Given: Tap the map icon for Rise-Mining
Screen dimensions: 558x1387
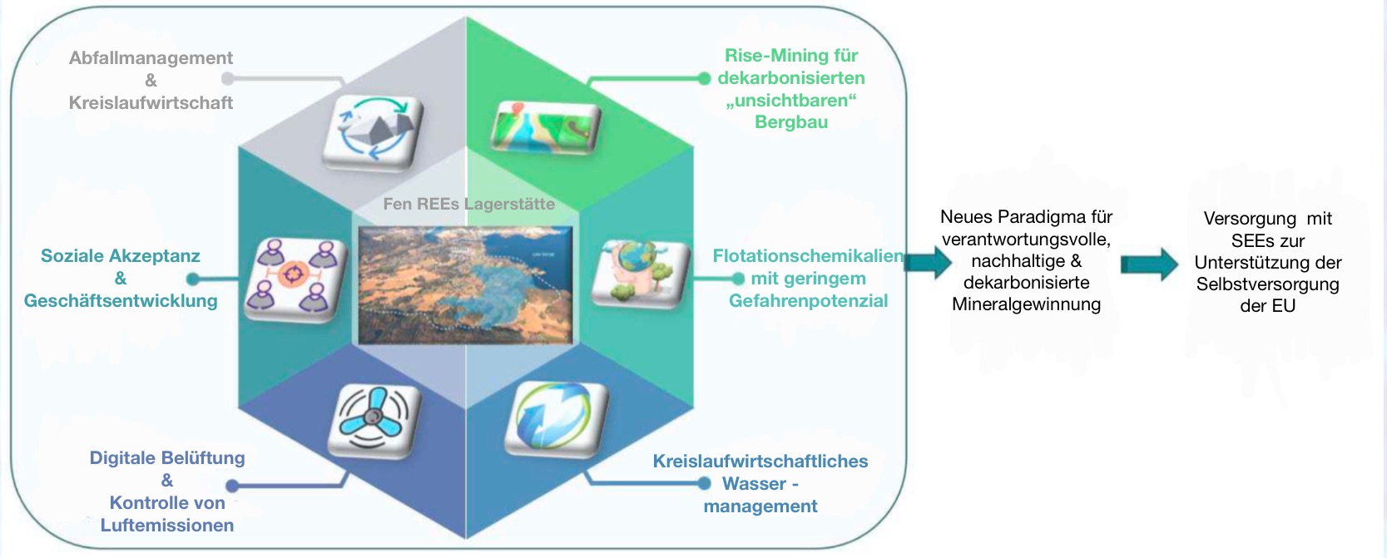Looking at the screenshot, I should (546, 127).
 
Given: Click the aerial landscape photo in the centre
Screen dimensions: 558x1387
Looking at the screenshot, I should (465, 284).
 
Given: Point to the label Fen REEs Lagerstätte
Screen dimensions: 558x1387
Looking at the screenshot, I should (468, 204).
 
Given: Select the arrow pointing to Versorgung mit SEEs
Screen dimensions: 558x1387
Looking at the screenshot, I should (1149, 264).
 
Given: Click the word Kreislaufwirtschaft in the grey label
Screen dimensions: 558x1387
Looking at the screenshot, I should (151, 103).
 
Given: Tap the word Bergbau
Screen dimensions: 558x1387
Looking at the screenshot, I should (790, 122).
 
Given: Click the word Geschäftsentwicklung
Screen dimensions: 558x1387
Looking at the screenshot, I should (121, 301).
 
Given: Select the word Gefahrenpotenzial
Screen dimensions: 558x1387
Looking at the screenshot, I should (808, 301).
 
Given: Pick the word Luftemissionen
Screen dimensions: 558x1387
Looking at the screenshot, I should (166, 526).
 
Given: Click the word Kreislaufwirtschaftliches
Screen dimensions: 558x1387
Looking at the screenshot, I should (760, 462).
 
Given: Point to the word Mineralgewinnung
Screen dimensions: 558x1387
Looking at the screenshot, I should (1026, 304).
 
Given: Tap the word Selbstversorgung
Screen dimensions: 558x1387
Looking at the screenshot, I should (1267, 284).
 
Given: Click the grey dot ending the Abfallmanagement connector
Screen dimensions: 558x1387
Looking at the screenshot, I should (227, 79).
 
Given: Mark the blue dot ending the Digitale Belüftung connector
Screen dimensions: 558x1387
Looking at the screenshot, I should (232, 486).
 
